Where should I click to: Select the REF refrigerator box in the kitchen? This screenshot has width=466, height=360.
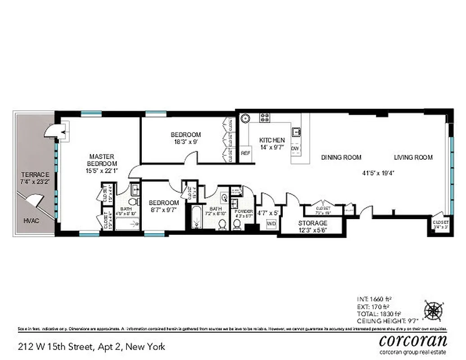[245, 153]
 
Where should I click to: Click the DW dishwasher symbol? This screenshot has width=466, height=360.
[295, 148]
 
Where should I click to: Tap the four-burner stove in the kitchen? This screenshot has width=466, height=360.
[265, 118]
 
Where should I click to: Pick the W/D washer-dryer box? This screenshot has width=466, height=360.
[271, 224]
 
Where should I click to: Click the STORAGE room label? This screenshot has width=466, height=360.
[312, 223]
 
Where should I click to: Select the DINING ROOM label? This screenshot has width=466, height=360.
[341, 157]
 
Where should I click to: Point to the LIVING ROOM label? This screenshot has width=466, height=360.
[413, 157]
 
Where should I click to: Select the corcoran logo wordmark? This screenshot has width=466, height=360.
[413, 339]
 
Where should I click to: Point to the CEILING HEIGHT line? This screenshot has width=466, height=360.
[387, 320]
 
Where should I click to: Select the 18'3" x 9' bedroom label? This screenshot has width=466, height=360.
[185, 138]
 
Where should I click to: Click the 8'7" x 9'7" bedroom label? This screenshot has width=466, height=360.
[164, 206]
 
